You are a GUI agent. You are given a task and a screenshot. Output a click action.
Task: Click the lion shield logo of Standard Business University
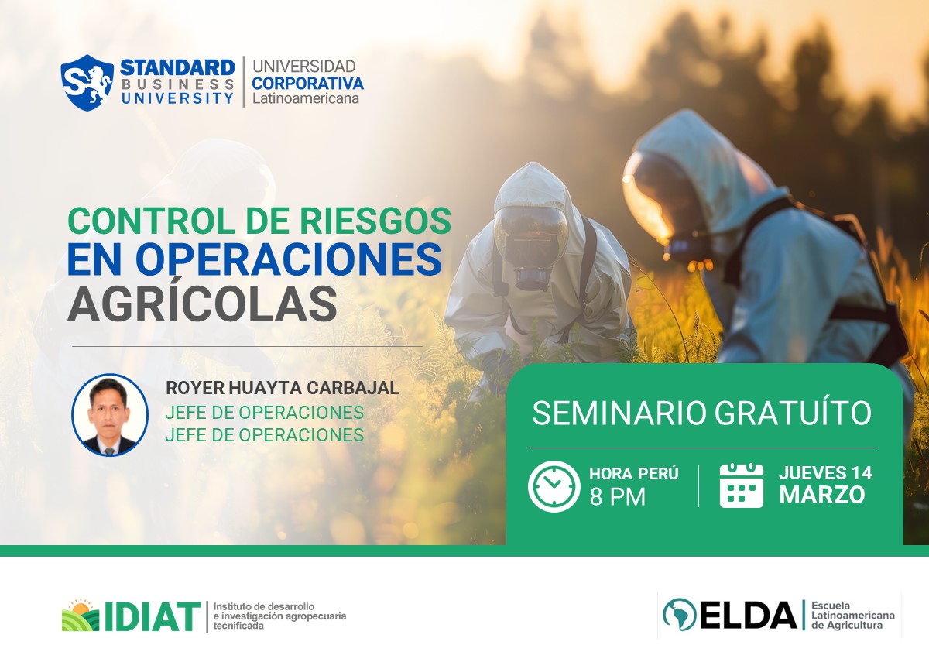[87, 82]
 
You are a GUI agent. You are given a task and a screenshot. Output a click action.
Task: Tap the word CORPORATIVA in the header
[307, 83]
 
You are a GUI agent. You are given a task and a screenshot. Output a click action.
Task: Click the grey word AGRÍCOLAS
[202, 304]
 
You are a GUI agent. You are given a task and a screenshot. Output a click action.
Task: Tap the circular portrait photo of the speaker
[110, 415]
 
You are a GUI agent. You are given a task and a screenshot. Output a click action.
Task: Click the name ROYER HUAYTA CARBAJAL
[282, 389]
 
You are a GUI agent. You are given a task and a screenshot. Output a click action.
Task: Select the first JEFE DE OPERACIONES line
[264, 412]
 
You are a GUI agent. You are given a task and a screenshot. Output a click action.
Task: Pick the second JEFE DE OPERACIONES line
[264, 435]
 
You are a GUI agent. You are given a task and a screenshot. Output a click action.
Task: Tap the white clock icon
[554, 486]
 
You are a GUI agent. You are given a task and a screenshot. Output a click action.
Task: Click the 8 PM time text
[617, 497]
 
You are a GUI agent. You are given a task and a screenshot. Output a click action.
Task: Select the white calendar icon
[741, 486]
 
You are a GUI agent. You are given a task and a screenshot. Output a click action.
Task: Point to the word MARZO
[821, 496]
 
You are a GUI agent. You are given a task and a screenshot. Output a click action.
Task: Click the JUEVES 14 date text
[825, 473]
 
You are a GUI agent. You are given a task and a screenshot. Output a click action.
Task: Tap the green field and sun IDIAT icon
[81, 615]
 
